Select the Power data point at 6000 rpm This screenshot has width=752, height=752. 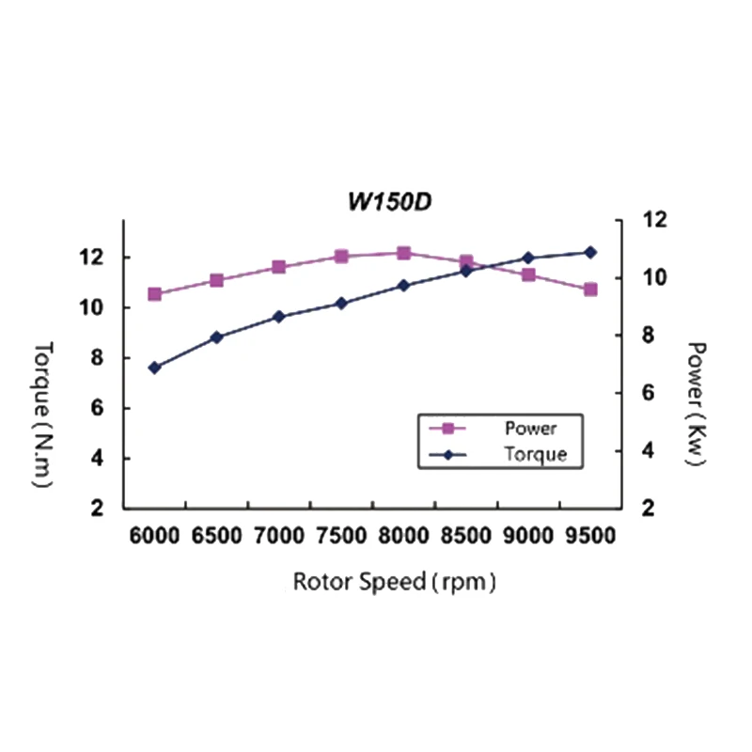tap(155, 294)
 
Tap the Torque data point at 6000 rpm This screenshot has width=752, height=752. tap(155, 368)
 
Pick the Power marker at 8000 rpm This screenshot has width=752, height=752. tap(403, 253)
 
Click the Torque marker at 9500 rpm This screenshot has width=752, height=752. tap(590, 252)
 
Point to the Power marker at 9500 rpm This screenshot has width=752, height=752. tap(590, 290)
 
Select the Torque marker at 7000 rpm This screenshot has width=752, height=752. tap(279, 317)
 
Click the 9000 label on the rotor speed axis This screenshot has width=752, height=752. tap(528, 536)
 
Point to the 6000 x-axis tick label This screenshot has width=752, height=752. tap(155, 536)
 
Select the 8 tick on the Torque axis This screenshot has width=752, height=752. tap(96, 358)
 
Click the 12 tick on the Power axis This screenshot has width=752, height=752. tap(654, 219)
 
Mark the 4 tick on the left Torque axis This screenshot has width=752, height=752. tap(96, 459)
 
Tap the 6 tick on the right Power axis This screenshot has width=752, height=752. tap(649, 394)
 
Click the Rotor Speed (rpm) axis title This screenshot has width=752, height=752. tap(394, 581)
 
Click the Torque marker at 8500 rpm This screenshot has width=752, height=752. tap(466, 271)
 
